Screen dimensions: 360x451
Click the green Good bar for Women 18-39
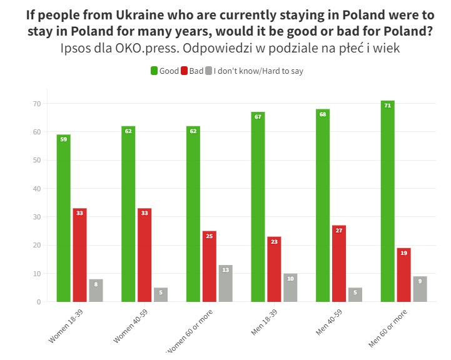coord(63,218)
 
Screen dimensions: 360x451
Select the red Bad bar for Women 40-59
coord(144,255)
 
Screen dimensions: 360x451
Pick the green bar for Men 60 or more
coord(387,201)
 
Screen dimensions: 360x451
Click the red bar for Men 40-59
coord(339,263)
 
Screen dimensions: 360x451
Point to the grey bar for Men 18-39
coord(290,287)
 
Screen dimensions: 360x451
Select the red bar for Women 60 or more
coord(209,266)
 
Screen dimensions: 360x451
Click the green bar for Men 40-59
coord(323,206)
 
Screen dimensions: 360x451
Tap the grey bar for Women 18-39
coord(96,291)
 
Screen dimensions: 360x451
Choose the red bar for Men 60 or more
coord(403,275)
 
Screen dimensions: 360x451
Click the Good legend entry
coord(165,71)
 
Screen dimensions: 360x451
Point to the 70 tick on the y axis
coord(37,104)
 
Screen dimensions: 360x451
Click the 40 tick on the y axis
coord(37,189)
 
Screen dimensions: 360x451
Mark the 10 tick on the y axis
coord(37,274)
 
